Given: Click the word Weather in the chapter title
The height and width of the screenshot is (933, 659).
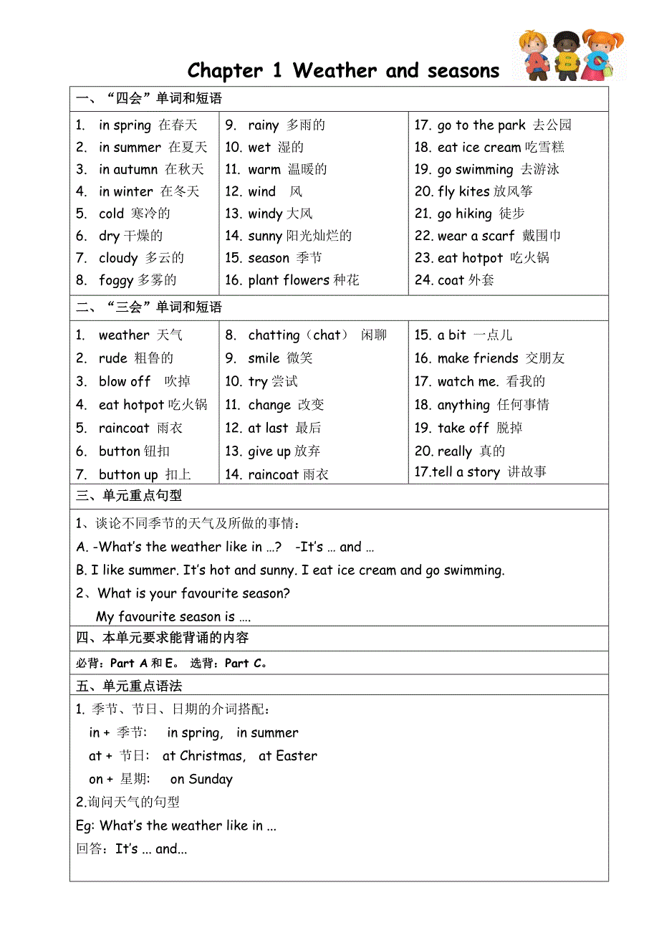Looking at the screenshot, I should (x=335, y=71).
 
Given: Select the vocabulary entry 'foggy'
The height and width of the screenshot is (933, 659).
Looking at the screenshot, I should (x=116, y=280).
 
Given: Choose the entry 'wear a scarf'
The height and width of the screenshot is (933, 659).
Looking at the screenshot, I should (x=476, y=236).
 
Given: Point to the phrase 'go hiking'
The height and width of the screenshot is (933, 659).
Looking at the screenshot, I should (x=464, y=214).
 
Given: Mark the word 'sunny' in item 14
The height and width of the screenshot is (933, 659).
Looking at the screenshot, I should (x=265, y=236).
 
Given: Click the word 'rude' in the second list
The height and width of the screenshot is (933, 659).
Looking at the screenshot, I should (x=112, y=358).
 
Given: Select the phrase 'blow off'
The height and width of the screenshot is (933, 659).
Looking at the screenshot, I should (x=125, y=381).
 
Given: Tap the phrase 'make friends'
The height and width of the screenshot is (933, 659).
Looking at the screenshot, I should (x=477, y=358).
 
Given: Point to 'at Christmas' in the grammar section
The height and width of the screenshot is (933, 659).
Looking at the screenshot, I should (x=203, y=756).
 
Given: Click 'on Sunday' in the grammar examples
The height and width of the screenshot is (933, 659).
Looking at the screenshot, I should (x=201, y=780).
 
